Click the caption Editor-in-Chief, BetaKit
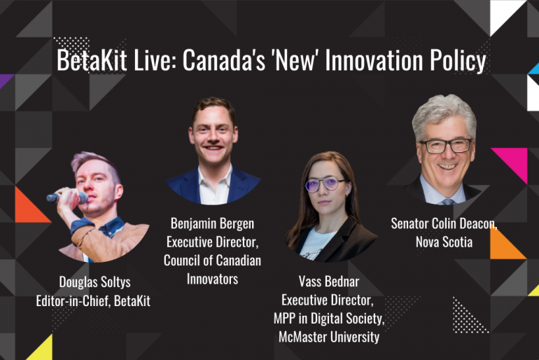point(93,301)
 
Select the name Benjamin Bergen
point(212,224)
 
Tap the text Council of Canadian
point(212,261)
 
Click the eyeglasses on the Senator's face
point(445,145)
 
